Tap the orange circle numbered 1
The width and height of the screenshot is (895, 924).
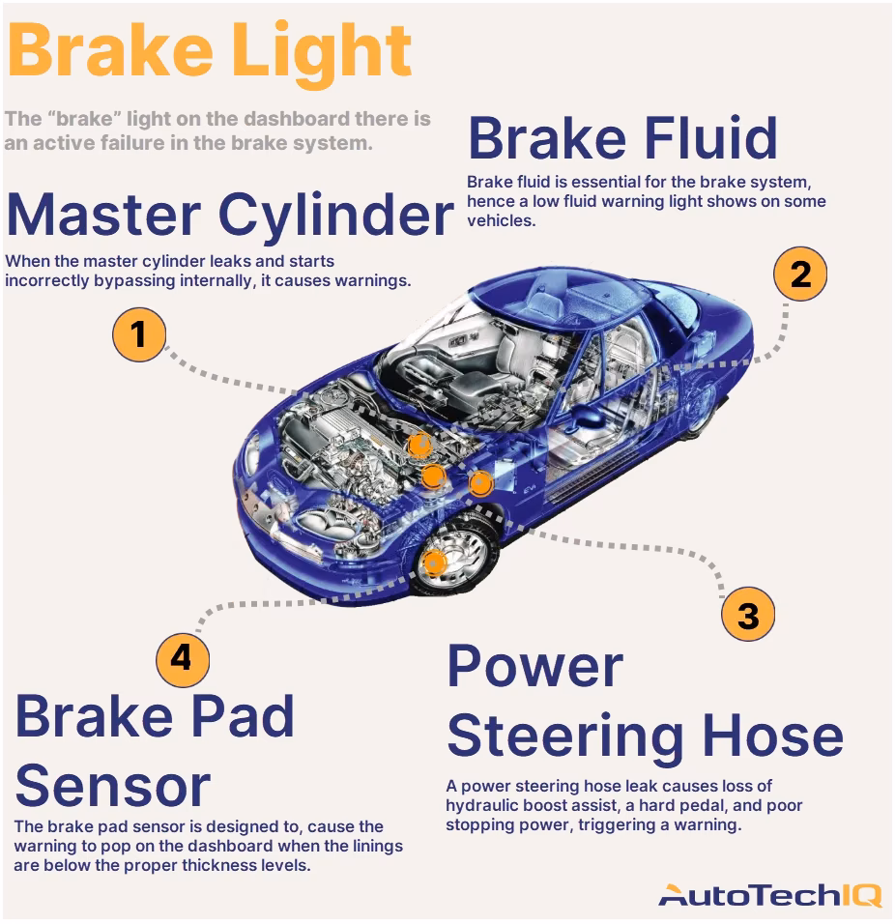tap(139, 334)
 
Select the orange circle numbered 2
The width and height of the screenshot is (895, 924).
tap(800, 274)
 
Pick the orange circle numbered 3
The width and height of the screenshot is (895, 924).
tap(748, 616)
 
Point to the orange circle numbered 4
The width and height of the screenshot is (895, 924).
tap(182, 658)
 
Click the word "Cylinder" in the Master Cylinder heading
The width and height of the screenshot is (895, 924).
tap(334, 215)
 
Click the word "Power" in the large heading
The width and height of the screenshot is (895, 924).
tap(534, 666)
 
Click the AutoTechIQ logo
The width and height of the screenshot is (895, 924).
tap(769, 895)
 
